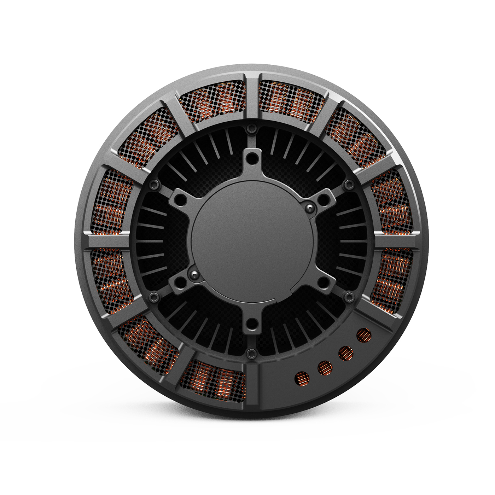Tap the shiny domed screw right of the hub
point(310,207)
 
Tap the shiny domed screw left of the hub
point(193,274)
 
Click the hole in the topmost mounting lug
point(251,160)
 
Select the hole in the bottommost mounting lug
point(251,322)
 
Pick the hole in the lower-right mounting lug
point(322,281)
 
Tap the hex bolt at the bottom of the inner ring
point(251,352)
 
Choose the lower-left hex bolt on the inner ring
point(153,296)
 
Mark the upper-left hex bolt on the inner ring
point(153,184)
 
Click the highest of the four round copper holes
point(364,335)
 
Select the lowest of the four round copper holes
point(302,379)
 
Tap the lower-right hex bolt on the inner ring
point(349,296)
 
